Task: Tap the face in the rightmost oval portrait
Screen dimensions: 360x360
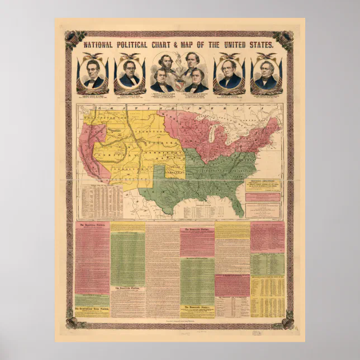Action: click(266, 73)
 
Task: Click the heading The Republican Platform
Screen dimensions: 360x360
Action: click(92, 225)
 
